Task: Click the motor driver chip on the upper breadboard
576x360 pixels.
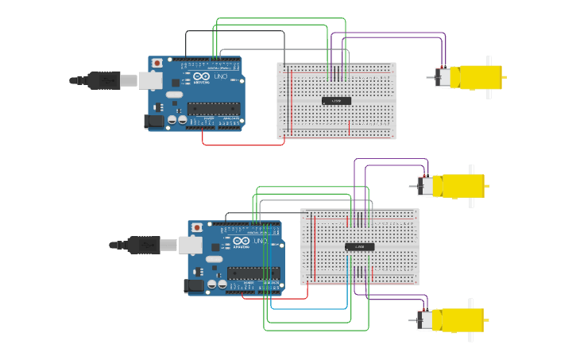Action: pos(336,100)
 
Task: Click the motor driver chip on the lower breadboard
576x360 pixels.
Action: pos(359,247)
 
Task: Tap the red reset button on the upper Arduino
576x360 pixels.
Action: pos(157,63)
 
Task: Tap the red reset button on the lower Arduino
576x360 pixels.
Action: pos(197,227)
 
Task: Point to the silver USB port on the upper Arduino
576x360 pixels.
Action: pos(150,80)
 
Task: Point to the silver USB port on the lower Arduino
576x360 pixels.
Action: pos(190,245)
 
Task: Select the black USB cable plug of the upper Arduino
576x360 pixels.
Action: pos(104,80)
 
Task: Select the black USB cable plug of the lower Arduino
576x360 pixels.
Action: pos(144,245)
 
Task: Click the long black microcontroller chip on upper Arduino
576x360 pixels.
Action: pos(213,108)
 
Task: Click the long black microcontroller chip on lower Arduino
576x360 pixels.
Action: pos(253,273)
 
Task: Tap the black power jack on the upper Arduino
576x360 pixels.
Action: pos(154,121)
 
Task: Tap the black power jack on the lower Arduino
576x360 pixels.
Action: pos(194,285)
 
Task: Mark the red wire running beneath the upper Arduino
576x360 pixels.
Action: pos(242,145)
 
